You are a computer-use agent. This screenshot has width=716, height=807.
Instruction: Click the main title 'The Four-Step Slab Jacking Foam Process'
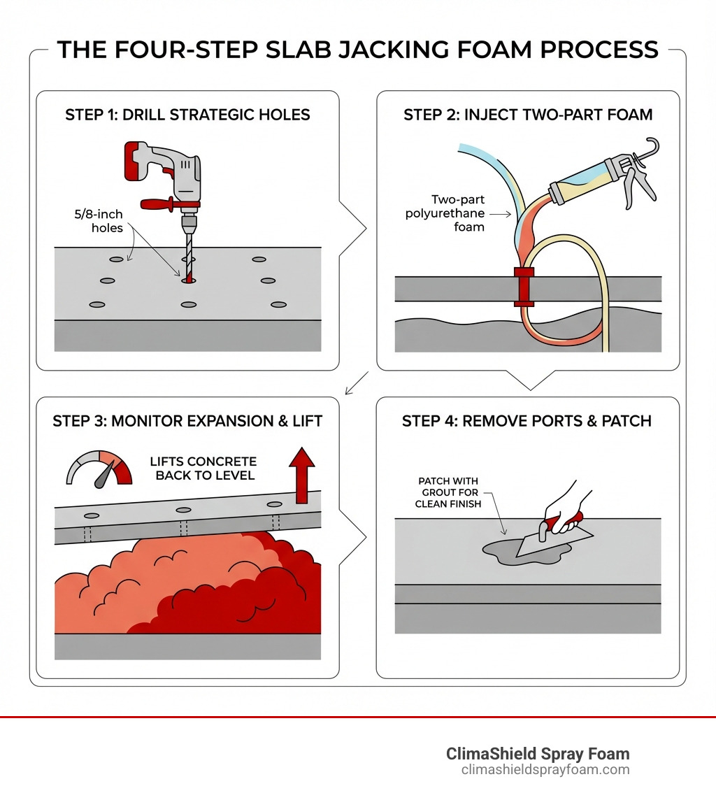point(357,50)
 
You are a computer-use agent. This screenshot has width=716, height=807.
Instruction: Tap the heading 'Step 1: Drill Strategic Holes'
point(187,115)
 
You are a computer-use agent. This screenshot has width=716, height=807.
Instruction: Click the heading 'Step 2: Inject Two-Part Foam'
point(528,115)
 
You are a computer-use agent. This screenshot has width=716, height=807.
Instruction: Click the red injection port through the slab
point(524,287)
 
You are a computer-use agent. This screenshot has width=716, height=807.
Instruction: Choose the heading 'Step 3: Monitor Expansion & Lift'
point(187,421)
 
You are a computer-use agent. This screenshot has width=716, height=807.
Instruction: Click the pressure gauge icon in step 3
point(99,466)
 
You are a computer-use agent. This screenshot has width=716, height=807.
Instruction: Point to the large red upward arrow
point(302,476)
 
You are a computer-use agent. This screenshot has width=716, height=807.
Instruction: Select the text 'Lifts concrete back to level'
point(203,469)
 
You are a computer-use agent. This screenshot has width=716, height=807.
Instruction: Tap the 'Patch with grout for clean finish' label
point(448,492)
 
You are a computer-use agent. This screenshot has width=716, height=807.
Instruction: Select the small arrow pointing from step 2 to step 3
point(357,383)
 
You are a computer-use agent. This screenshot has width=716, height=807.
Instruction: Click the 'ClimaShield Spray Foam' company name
point(537,754)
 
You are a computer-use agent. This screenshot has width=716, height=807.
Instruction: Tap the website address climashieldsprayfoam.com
point(545,770)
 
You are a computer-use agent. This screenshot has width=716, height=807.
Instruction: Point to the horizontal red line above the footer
point(357,717)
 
